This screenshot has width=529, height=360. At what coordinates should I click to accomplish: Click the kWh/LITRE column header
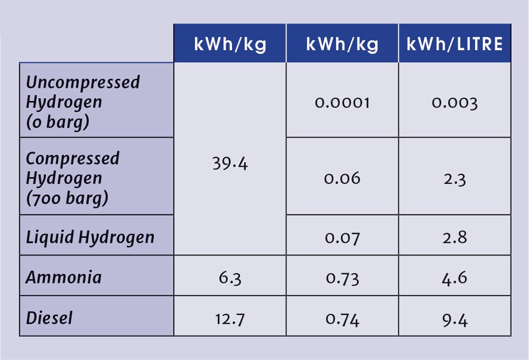click(x=455, y=44)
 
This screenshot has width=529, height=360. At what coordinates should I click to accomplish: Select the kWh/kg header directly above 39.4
click(x=230, y=44)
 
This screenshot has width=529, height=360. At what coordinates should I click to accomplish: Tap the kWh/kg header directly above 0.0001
click(x=342, y=44)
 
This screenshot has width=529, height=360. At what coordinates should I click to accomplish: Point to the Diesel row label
click(x=49, y=317)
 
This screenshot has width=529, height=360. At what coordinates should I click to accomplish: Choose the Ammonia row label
click(x=64, y=277)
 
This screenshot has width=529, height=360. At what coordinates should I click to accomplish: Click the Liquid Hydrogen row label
click(x=90, y=237)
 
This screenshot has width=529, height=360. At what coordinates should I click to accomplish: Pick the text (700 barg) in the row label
click(x=67, y=198)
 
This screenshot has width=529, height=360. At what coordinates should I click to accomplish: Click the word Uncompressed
click(x=83, y=82)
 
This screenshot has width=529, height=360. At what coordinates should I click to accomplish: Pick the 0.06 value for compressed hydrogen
click(x=342, y=178)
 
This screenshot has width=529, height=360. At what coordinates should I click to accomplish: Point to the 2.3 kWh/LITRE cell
click(x=455, y=178)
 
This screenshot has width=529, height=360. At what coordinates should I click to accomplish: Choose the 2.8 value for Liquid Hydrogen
click(x=455, y=237)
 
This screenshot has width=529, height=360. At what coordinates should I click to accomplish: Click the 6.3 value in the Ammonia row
click(x=230, y=278)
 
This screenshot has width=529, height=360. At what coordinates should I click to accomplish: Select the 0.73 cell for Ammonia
click(x=342, y=278)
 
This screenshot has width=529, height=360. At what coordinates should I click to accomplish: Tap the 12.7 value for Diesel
click(x=230, y=318)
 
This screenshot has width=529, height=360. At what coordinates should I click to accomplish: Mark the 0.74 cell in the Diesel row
click(x=342, y=318)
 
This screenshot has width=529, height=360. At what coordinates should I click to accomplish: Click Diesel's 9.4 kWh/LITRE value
click(x=455, y=318)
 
